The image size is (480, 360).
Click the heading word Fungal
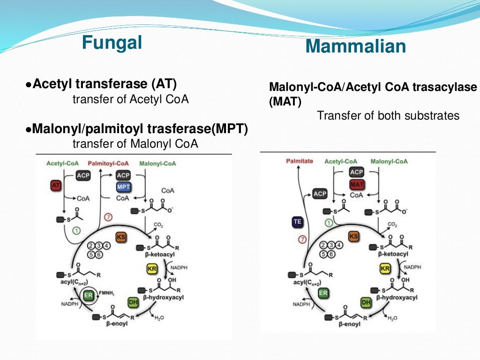[112, 43]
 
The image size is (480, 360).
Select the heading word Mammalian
[355, 46]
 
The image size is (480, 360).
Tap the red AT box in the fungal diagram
[56, 186]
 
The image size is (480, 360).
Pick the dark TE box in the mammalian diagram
[297, 222]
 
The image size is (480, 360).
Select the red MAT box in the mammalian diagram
[357, 184]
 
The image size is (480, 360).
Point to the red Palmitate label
[300, 161]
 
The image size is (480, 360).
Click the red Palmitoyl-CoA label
[109, 164]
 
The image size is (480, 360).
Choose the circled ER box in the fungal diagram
[88, 295]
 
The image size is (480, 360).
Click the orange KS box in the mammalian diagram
[353, 237]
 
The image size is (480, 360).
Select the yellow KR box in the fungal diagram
[151, 269]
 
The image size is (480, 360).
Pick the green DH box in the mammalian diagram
[366, 303]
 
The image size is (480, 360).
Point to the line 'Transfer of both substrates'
[388, 115]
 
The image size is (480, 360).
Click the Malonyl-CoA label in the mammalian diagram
[389, 161]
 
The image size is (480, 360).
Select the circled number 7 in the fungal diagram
[109, 217]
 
